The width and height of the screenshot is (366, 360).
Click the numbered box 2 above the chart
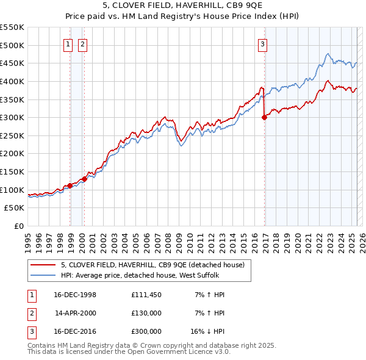pos(82,43)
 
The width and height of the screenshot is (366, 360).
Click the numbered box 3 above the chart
pos(262,43)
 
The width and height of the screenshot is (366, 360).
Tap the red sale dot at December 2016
pos(264,118)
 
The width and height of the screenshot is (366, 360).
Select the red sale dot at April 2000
pos(84,179)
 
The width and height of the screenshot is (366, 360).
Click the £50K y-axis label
pos(15,208)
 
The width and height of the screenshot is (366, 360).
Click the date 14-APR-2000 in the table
pos(76,313)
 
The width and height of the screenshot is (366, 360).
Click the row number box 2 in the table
pos(31,313)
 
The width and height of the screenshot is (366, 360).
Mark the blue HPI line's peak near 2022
pos(328,54)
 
